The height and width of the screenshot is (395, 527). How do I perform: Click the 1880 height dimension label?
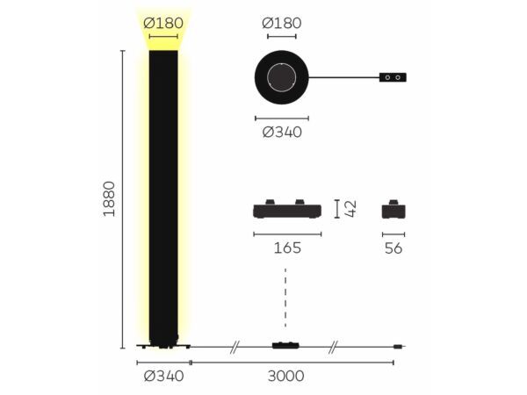109,199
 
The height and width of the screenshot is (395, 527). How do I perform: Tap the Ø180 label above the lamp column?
163,23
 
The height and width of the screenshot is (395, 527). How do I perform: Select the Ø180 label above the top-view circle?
282,23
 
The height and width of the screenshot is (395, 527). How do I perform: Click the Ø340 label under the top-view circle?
282,132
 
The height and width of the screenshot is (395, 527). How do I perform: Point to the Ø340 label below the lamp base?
163,376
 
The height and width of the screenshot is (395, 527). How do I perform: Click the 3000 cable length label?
286,376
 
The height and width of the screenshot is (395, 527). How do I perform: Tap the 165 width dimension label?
287,248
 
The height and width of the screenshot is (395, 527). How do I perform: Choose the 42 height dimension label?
350,209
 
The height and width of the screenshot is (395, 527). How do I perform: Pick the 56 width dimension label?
393,248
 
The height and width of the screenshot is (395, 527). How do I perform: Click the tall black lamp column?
163,197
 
